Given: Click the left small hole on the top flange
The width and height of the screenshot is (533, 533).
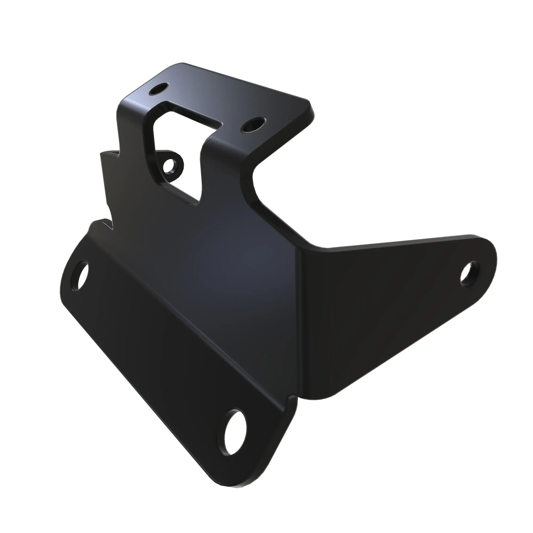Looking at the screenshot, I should [158, 89].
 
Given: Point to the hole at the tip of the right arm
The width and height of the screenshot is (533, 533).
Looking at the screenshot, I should [470, 274].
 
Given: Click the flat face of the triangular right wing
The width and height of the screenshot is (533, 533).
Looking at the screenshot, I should [381, 304].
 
